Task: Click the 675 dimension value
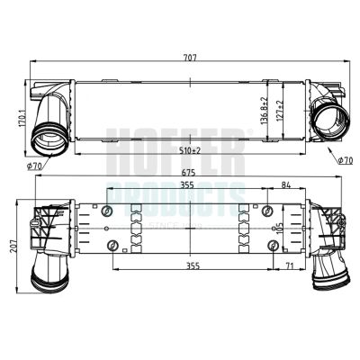[x=185, y=174]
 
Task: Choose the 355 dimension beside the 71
[x=186, y=266]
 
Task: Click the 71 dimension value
[x=287, y=266]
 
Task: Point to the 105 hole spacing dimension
[x=283, y=227]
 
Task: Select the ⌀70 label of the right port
[x=343, y=159]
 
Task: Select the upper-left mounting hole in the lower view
[x=109, y=211]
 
